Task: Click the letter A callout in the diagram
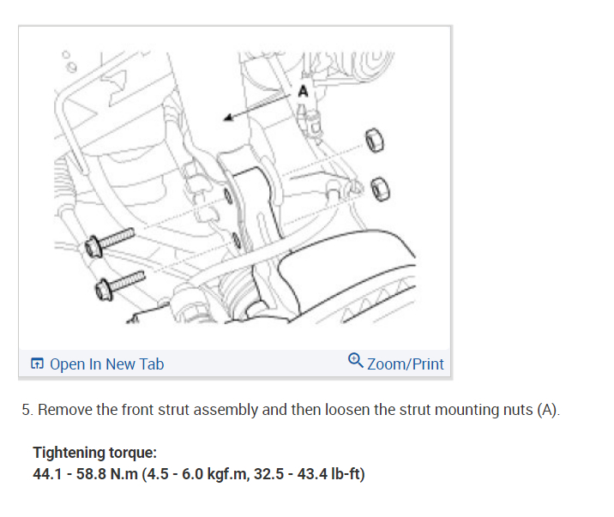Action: coord(303,92)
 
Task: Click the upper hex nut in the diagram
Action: coord(375,141)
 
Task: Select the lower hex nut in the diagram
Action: coord(380,189)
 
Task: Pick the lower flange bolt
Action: coord(120,286)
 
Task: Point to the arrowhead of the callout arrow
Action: coord(228,117)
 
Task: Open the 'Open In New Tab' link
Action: coord(106,364)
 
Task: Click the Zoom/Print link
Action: coord(406,364)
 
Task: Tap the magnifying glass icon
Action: coord(356,360)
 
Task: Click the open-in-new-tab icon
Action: coord(37,364)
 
